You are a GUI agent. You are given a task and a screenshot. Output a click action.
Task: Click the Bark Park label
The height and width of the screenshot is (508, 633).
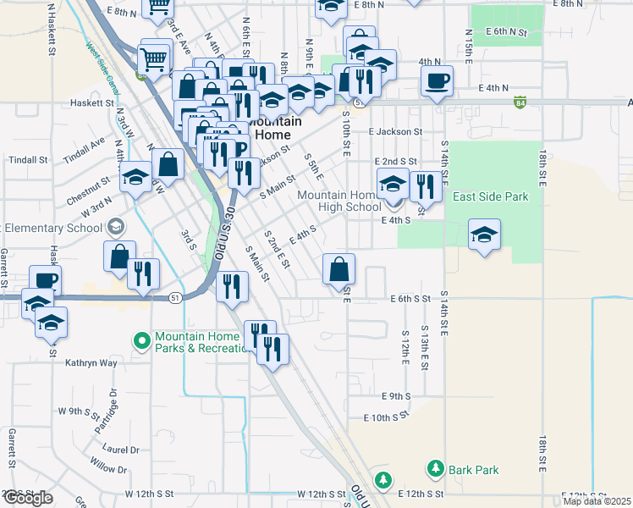pyautogui.click(x=474, y=470)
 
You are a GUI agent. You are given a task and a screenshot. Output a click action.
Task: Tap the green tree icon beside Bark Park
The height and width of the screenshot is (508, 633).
pyautogui.click(x=436, y=468)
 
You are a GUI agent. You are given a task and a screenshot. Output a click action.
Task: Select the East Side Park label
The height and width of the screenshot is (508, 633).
pyautogui.click(x=490, y=197)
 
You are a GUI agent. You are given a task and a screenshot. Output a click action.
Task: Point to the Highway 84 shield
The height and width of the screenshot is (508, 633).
pyautogui.click(x=519, y=102)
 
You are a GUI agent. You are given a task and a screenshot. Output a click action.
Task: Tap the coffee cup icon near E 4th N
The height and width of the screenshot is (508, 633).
pyautogui.click(x=437, y=82)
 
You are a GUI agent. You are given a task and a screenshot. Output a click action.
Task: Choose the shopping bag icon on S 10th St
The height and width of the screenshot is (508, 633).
pyautogui.click(x=339, y=270)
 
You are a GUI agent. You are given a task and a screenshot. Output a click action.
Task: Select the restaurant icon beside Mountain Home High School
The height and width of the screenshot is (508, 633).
pyautogui.click(x=426, y=185)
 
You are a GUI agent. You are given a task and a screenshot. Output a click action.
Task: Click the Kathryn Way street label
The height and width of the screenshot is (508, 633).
pyautogui.click(x=91, y=363)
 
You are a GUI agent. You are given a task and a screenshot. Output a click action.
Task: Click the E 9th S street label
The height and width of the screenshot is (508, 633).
pyautogui.click(x=395, y=396)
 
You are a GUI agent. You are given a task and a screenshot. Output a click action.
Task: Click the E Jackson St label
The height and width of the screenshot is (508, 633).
pyautogui.click(x=395, y=132)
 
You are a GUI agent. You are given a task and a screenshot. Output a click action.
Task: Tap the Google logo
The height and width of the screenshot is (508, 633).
pyautogui.click(x=27, y=498)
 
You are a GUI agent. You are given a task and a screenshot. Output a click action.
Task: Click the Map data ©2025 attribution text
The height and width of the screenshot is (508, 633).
pyautogui.click(x=597, y=501)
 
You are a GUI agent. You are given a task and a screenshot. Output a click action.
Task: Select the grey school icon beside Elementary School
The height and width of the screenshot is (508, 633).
pyautogui.click(x=114, y=227)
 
